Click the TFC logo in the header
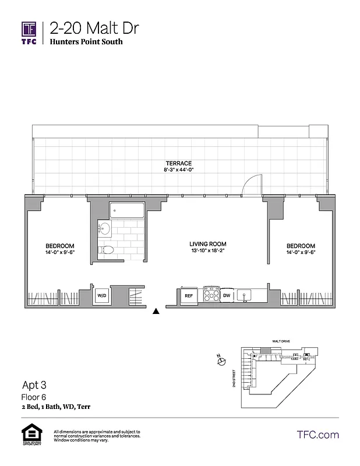(29, 33)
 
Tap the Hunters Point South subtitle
(86, 42)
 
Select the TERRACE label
(178, 163)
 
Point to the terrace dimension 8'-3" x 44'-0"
(178, 170)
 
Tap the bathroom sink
(105, 229)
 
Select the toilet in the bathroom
(106, 250)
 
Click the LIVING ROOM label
(207, 244)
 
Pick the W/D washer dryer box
(102, 296)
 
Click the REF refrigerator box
(189, 296)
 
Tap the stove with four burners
(211, 295)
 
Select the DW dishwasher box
(227, 296)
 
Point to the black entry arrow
(156, 312)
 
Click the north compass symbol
(221, 362)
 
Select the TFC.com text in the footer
(317, 435)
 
